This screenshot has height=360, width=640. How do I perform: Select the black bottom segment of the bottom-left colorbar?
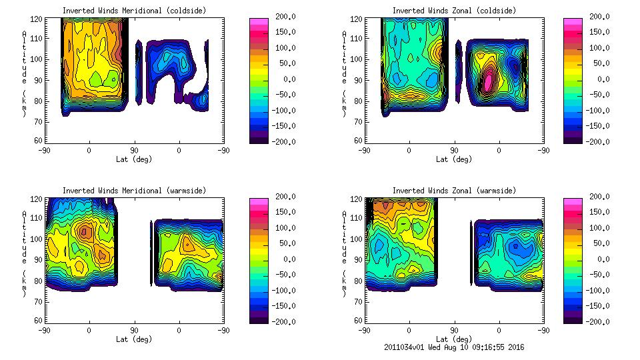click(x=258, y=319)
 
